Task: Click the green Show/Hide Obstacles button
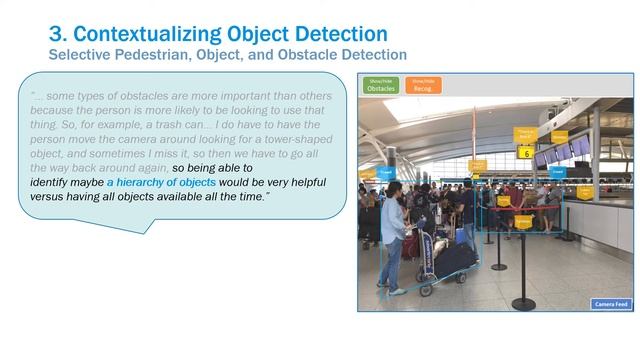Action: (382, 85)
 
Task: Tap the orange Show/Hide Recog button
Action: (423, 85)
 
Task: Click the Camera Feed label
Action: (610, 303)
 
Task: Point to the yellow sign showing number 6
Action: (525, 153)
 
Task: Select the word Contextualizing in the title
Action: (149, 34)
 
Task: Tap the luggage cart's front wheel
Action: (424, 291)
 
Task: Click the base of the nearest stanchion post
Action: (523, 303)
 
